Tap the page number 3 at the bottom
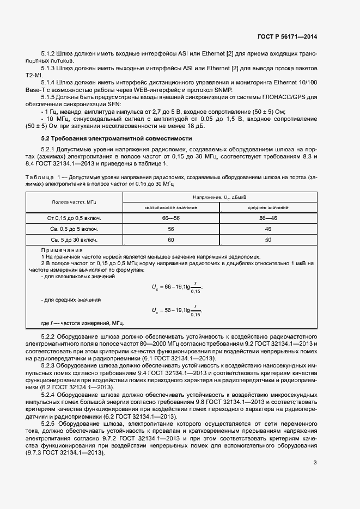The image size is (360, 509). (x=315, y=463)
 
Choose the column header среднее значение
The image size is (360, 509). (x=268, y=207)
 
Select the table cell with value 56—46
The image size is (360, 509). (x=268, y=218)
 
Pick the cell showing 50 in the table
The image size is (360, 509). (x=268, y=240)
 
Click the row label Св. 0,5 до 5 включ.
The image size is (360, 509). (x=74, y=229)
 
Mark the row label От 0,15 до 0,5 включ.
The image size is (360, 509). (x=74, y=218)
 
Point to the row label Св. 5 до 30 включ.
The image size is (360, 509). (x=74, y=240)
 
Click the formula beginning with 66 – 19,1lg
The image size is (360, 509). (x=177, y=286)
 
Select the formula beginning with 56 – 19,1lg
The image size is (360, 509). (x=177, y=310)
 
